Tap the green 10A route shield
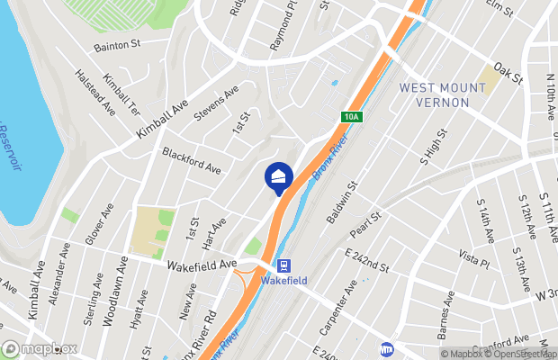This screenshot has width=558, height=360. point(351,116)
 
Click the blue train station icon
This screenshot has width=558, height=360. point(284,265)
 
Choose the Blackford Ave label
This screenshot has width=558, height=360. point(192,161)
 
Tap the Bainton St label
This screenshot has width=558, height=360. point(120,46)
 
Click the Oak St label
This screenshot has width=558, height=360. point(508,74)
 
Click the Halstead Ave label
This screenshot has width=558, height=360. point(95,93)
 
